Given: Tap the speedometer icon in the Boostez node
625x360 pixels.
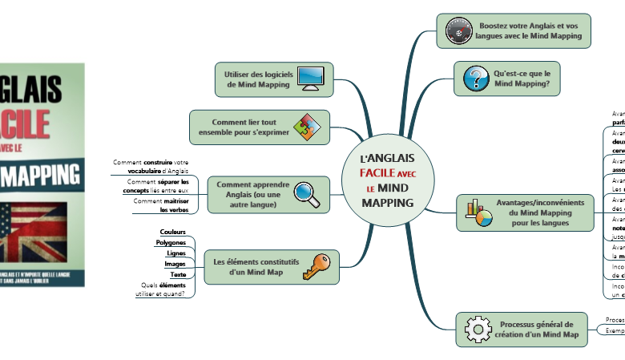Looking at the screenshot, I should pyautogui.click(x=456, y=31).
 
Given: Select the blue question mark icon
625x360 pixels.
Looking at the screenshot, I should pyautogui.click(x=476, y=79).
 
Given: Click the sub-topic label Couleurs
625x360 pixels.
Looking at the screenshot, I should pyautogui.click(x=173, y=232).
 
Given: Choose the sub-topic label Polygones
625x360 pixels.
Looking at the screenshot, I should pyautogui.click(x=171, y=242).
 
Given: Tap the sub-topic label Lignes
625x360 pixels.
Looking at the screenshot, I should pyautogui.click(x=175, y=253).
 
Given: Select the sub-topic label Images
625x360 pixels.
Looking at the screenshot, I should pyautogui.click(x=175, y=264).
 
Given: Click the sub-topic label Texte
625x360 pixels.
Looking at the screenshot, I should pyautogui.click(x=178, y=275).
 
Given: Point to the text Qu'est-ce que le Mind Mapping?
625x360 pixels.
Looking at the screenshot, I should pyautogui.click(x=522, y=78).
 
